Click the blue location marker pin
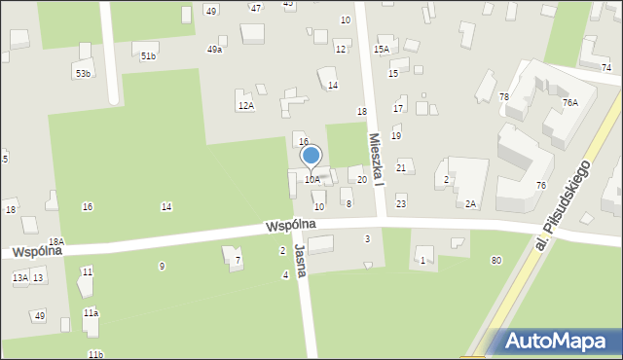(311, 156)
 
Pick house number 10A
(311, 179)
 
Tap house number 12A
(245, 105)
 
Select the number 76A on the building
(569, 102)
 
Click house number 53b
(83, 74)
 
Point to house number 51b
(147, 56)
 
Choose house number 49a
(214, 49)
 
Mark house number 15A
(382, 49)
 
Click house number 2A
(470, 203)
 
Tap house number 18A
(56, 241)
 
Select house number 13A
(19, 278)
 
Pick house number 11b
(94, 354)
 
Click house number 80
(496, 260)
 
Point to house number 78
(504, 96)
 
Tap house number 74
(606, 67)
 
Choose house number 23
(401, 203)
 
